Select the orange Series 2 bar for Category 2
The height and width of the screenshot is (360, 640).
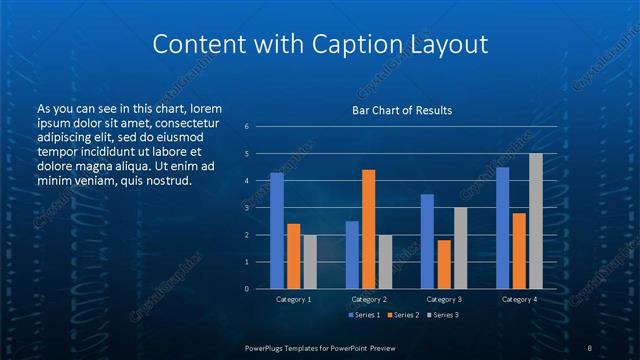click(368, 229)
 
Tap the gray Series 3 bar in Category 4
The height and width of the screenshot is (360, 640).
click(535, 221)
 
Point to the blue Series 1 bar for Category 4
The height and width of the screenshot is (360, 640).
click(502, 227)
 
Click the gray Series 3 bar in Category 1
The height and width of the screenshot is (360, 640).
click(309, 261)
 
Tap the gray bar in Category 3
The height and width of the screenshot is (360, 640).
click(460, 248)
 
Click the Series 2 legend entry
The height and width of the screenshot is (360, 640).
click(401, 315)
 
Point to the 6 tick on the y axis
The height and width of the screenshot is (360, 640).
click(246, 127)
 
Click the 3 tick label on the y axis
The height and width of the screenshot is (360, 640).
click(246, 208)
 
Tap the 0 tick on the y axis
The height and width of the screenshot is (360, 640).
click(246, 289)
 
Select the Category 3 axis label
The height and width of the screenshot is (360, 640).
click(443, 299)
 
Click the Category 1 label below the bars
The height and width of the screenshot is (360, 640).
click(293, 299)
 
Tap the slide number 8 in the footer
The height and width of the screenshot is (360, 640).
click(590, 347)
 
